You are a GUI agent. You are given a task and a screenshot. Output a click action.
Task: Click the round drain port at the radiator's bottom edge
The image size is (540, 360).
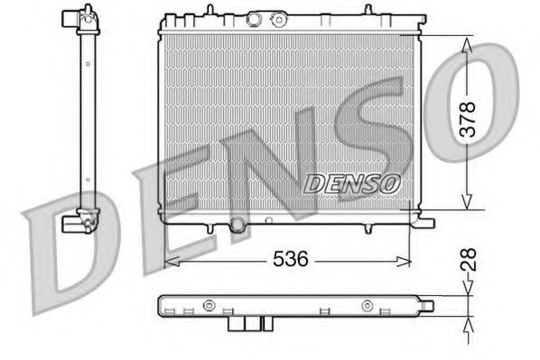point(237,225)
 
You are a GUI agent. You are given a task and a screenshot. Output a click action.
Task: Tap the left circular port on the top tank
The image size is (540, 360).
point(253,20)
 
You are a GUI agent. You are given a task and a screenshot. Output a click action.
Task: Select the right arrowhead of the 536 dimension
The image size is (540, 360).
point(406,260)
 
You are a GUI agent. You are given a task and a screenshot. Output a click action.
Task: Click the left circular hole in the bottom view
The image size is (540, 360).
point(209,305)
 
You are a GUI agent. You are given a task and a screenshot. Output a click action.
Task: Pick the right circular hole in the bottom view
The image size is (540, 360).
point(368,305)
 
